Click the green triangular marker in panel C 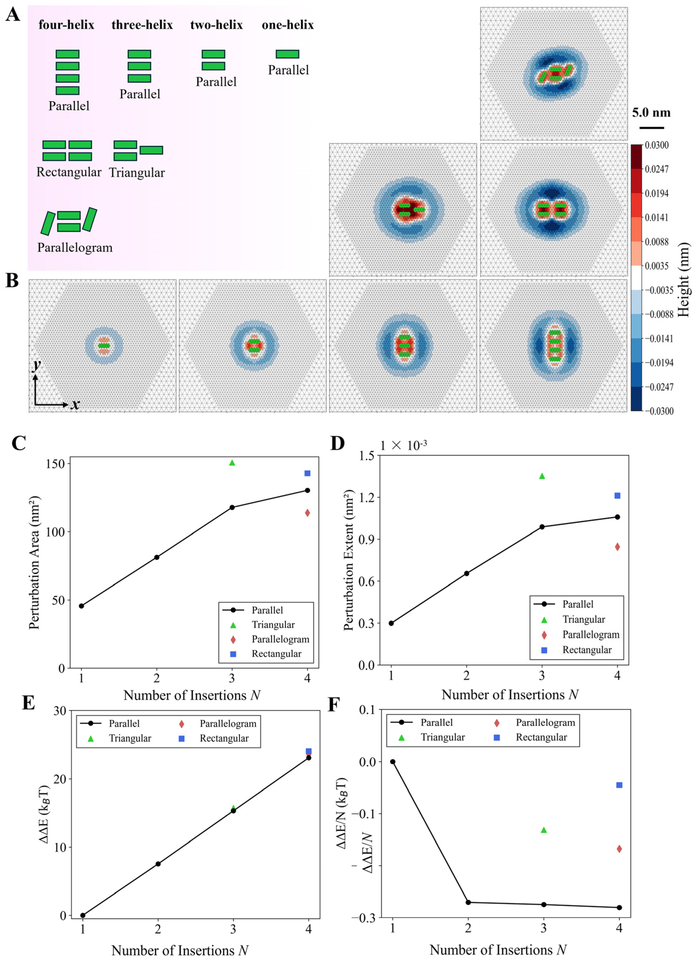pyautogui.click(x=232, y=463)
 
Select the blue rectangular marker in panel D pyautogui.click(x=617, y=495)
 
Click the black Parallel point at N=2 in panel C pyautogui.click(x=156, y=557)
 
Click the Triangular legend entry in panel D pyautogui.click(x=583, y=619)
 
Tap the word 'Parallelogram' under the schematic pyautogui.click(x=75, y=248)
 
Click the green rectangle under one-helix pyautogui.click(x=287, y=54)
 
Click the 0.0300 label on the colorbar pyautogui.click(x=656, y=145)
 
